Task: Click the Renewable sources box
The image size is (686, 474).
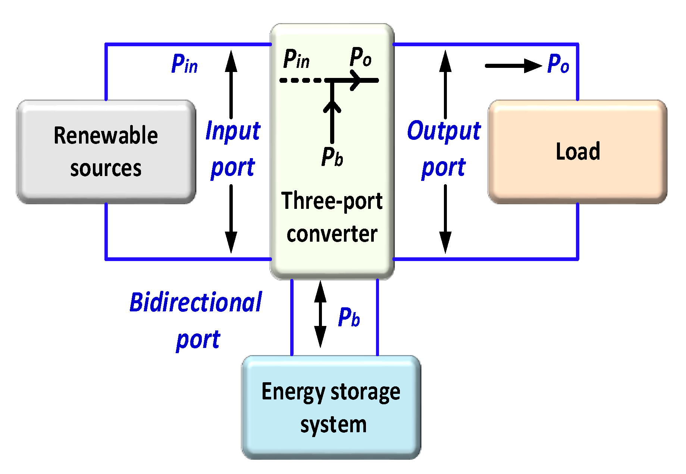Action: tap(106, 152)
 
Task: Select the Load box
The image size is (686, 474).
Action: tap(577, 152)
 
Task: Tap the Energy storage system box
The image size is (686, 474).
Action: tap(331, 407)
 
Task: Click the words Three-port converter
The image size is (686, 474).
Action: tap(332, 217)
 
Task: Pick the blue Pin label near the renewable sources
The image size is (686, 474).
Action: tap(184, 64)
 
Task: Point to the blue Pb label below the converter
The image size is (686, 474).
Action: tap(349, 318)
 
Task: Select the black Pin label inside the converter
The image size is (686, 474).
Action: tap(297, 59)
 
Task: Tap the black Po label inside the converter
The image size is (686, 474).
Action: tap(360, 57)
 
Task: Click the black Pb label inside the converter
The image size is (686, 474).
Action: tap(332, 157)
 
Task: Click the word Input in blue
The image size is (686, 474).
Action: tap(233, 131)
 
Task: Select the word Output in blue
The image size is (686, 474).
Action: tap(444, 131)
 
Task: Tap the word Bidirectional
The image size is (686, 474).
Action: tap(195, 302)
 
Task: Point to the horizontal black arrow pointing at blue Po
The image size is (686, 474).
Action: tap(513, 66)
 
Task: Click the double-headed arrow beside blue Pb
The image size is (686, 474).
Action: tap(320, 314)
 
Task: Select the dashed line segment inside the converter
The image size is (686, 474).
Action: tap(301, 80)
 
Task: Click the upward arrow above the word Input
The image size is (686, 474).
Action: tap(231, 84)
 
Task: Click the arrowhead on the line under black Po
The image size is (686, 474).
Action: tap(357, 80)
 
